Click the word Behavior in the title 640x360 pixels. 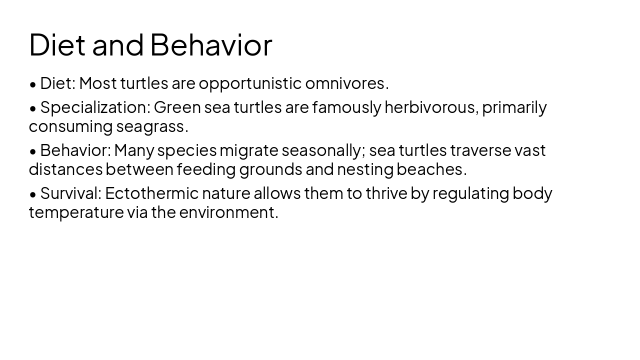[210, 44]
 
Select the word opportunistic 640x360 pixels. [250, 83]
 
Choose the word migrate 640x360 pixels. [248, 150]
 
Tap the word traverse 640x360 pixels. [480, 150]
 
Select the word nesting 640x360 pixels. [365, 170]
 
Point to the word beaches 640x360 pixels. [431, 170]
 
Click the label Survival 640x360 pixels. [70, 193]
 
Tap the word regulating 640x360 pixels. [470, 193]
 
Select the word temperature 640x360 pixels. [76, 212]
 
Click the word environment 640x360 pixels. [228, 212]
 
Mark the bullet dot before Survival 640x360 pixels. [33, 194]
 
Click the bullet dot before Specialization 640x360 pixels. [33, 108]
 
